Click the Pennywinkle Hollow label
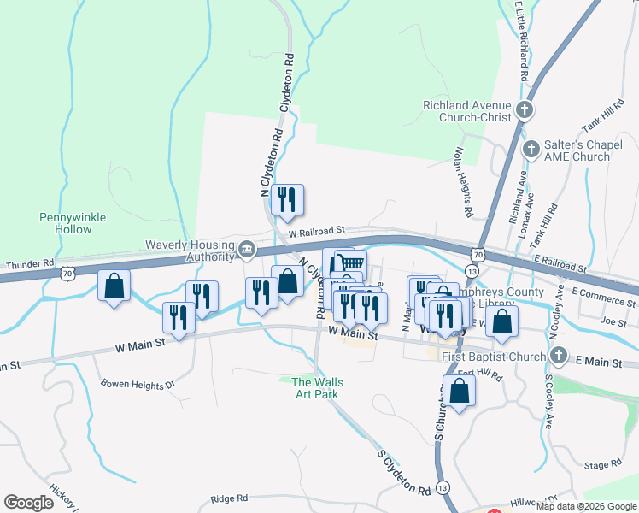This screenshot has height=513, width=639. (73, 223)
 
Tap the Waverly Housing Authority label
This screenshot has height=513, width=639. (190, 250)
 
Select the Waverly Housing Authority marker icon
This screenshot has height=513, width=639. (247, 249)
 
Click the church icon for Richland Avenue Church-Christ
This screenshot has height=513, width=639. (525, 111)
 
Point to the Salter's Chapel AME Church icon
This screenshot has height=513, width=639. (531, 150)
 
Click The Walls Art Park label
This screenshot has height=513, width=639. (314, 388)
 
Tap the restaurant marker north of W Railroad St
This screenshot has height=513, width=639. (288, 200)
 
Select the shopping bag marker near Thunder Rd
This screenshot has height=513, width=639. (114, 286)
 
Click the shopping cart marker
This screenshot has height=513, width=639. (349, 263)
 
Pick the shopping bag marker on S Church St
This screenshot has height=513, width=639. (460, 392)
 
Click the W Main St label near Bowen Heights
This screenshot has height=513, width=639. (139, 346)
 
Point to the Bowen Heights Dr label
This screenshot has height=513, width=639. (137, 385)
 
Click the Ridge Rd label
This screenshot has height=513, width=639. (229, 498)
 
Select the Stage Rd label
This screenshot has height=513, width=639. (603, 464)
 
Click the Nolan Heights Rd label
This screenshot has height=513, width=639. (463, 180)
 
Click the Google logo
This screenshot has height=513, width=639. (28, 503)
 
